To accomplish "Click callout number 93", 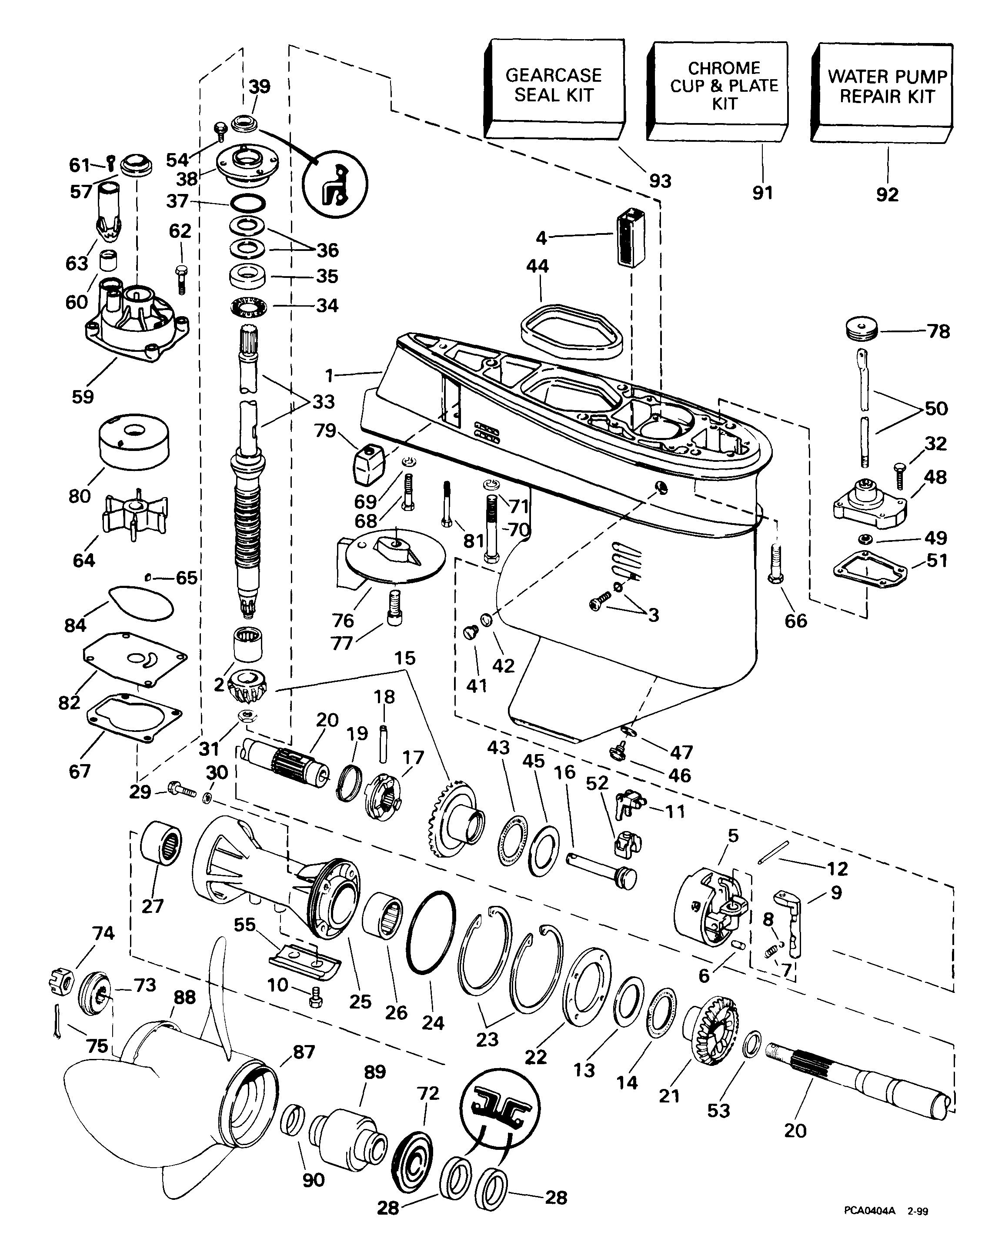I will click(660, 181).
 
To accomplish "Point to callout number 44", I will click(537, 266).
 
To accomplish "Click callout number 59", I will click(83, 396).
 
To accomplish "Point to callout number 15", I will click(405, 658).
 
